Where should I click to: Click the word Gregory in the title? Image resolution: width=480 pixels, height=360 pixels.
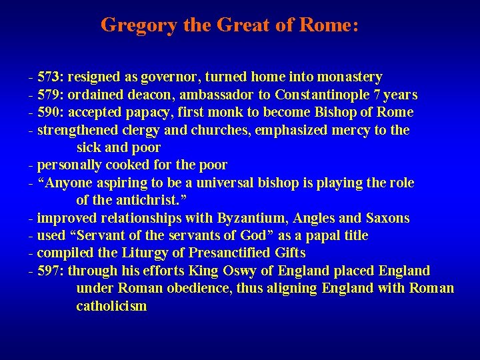(139, 26)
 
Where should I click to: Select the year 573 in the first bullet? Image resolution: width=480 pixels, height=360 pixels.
(49, 77)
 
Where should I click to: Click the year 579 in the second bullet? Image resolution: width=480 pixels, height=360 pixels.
(49, 94)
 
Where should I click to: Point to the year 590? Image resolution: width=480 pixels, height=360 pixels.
(49, 111)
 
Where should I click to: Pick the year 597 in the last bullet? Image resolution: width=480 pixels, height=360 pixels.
(49, 271)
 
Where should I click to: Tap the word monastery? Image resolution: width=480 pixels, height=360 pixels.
(349, 77)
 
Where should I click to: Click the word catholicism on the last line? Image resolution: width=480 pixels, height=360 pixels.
(111, 306)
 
